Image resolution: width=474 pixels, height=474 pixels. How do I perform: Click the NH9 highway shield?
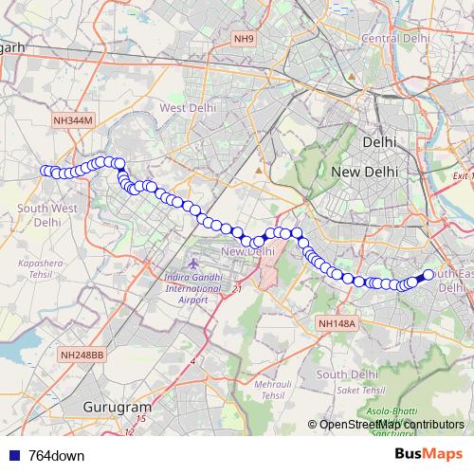tap(245, 38)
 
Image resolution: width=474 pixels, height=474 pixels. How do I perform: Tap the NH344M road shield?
tap(73, 120)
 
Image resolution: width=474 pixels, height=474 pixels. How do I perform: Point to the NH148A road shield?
tap(336, 323)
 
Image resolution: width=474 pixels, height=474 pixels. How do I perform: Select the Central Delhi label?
tap(392, 38)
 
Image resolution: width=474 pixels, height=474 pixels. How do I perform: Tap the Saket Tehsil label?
tap(367, 390)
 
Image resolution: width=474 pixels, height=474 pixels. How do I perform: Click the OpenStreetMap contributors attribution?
tap(392, 424)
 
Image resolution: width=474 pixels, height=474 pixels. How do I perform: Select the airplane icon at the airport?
tap(194, 261)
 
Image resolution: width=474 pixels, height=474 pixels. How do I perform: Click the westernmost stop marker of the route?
tap(45, 171)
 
